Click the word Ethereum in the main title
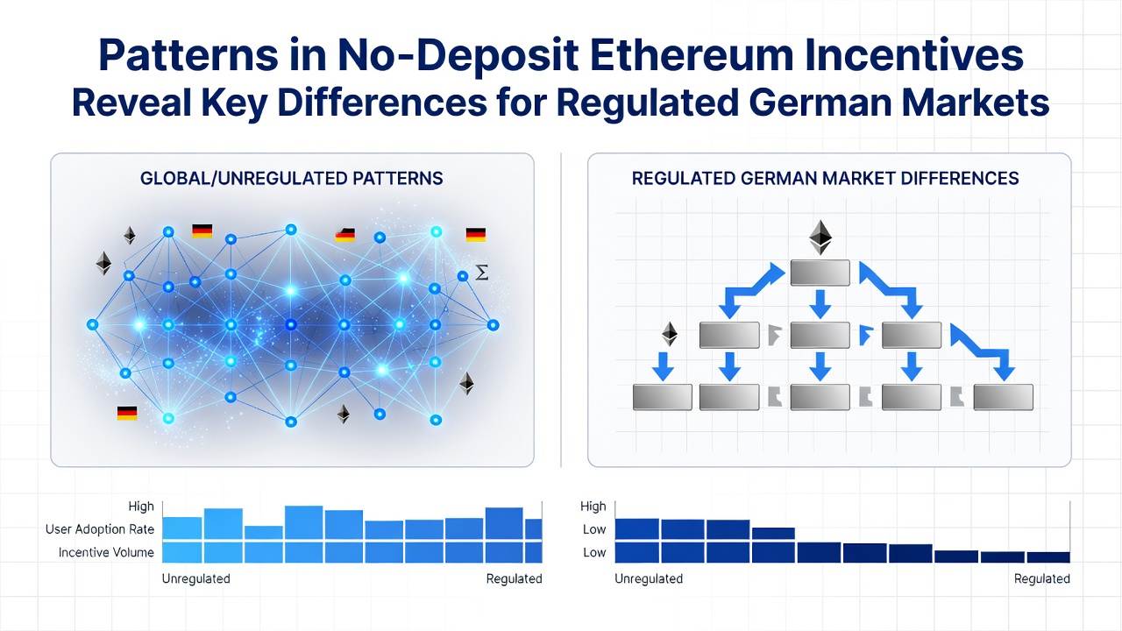[x=692, y=55]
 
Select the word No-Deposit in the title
[x=458, y=56]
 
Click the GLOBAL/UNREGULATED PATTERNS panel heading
[x=292, y=178]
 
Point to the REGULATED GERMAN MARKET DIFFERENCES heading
[x=825, y=178]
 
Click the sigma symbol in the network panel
[x=481, y=273]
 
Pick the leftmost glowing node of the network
[x=93, y=325]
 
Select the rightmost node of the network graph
[x=493, y=325]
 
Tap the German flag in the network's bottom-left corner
[x=127, y=413]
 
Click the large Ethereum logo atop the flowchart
[x=820, y=238]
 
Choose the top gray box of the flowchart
[x=820, y=273]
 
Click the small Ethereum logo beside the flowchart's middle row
[x=670, y=334]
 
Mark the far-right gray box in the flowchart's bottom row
[x=1004, y=397]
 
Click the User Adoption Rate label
[x=100, y=529]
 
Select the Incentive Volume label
[x=106, y=552]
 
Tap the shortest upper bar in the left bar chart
[x=264, y=533]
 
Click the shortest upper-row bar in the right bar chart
[x=773, y=534]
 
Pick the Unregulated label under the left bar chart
[x=195, y=578]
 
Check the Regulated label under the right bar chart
[x=1042, y=578]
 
